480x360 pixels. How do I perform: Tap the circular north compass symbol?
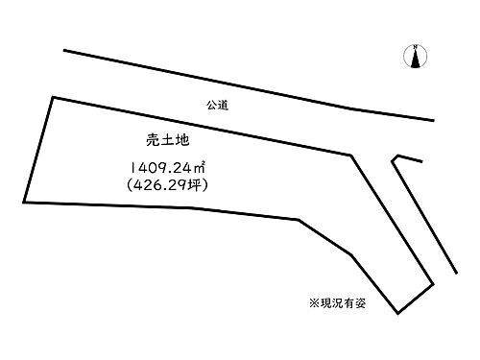coord(414,58)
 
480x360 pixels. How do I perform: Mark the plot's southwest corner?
coord(24,202)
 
